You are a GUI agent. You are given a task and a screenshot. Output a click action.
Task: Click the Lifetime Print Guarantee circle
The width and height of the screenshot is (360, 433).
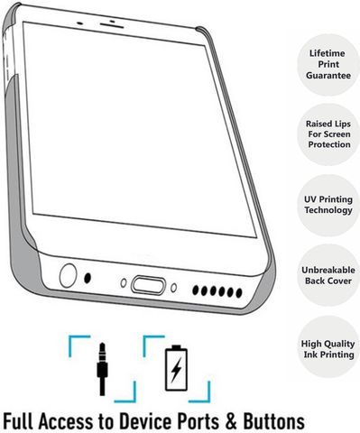[x=328, y=65]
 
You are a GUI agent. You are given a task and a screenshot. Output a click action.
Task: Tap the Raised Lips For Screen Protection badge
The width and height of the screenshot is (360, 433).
[x=328, y=134]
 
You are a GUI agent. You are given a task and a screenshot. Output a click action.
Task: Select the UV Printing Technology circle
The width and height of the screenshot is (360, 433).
[x=328, y=205]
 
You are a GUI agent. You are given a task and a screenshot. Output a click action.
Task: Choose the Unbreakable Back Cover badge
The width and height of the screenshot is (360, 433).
[x=328, y=275]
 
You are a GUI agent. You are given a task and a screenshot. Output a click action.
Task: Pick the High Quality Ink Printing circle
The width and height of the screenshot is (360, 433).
[x=328, y=348]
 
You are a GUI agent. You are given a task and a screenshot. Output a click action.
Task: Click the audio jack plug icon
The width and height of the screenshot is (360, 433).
[x=102, y=369]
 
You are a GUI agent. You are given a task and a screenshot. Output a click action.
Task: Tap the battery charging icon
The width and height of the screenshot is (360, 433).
[x=176, y=368]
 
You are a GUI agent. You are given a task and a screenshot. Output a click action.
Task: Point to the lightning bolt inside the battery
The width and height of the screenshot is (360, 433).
[x=176, y=370]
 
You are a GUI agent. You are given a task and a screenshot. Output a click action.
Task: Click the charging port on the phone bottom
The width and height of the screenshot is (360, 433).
[x=148, y=285]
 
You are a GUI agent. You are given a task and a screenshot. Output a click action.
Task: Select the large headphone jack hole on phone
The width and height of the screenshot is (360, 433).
[x=68, y=275]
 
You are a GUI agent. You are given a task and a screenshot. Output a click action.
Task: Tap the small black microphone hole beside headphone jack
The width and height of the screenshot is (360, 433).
[x=88, y=278]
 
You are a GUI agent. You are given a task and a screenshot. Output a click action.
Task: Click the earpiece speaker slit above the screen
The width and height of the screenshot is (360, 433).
[x=112, y=25]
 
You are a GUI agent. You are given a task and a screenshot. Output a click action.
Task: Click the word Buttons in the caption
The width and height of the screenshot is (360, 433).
[x=273, y=421]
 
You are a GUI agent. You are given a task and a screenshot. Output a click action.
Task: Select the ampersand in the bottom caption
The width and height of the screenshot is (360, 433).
[x=231, y=421]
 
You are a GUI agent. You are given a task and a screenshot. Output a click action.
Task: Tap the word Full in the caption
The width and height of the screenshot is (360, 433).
[x=18, y=421]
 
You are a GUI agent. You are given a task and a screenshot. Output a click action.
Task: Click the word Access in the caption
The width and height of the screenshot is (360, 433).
[x=66, y=421]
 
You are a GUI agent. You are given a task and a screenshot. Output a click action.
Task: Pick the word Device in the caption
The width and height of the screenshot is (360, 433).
[x=145, y=421]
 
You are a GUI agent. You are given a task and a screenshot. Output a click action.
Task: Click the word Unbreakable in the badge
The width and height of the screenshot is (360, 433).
[x=328, y=270]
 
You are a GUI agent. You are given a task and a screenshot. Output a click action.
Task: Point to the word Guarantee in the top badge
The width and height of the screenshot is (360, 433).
[x=328, y=75]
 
